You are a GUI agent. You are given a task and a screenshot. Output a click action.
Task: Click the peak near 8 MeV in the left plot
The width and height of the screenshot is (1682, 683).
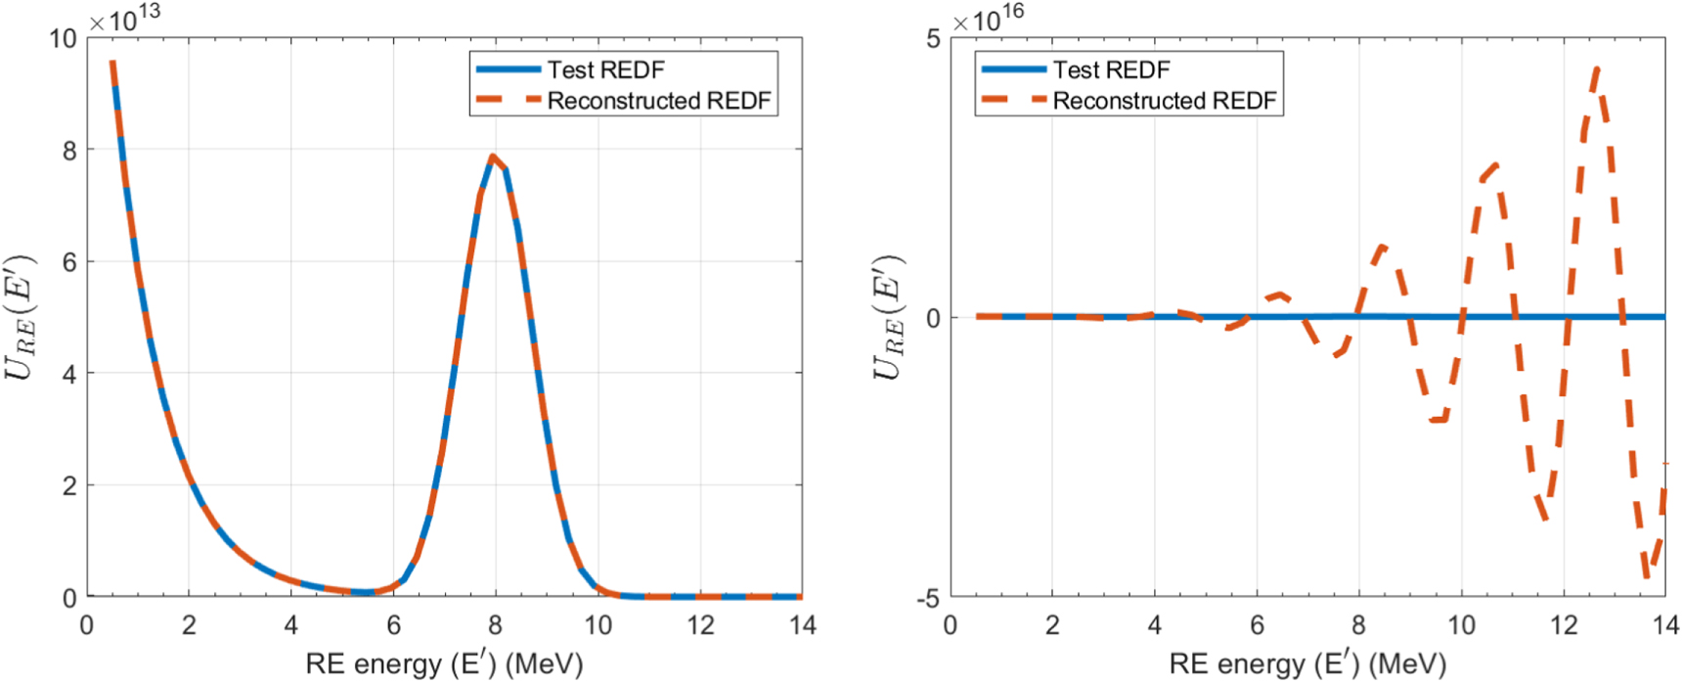(x=493, y=157)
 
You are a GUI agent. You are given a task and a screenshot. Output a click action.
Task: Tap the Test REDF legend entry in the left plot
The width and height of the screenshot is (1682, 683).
(x=605, y=69)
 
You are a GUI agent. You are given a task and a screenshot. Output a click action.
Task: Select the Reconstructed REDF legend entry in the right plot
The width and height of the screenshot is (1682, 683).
(x=1164, y=101)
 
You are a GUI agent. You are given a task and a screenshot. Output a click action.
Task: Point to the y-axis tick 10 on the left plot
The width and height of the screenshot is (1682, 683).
(x=63, y=38)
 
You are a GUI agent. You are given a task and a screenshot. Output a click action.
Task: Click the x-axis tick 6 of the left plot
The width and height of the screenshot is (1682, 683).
(x=394, y=625)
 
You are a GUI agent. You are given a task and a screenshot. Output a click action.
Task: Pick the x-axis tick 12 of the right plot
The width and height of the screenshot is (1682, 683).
(x=1564, y=625)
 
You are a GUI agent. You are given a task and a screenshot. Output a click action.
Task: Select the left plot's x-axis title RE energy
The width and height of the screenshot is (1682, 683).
(x=444, y=664)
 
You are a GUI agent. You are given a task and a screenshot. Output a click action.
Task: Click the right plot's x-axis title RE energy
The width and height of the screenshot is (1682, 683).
(x=1307, y=664)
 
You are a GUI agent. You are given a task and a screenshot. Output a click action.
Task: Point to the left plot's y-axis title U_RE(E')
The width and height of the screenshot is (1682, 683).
(x=22, y=318)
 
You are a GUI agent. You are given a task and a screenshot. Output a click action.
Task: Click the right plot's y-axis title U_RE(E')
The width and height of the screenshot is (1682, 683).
(x=888, y=318)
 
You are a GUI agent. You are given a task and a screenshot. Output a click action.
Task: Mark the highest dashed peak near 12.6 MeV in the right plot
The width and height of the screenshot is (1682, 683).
(x=1596, y=68)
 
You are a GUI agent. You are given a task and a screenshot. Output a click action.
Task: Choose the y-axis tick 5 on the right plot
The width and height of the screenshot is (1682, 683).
(x=933, y=38)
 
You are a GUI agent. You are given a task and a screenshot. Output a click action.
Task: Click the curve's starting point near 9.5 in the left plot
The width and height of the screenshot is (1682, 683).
(x=112, y=64)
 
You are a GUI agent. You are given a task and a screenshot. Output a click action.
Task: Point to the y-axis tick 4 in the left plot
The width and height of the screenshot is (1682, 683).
(x=68, y=374)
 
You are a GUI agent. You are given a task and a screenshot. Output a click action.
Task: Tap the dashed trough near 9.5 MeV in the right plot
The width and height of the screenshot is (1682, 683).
(x=1438, y=420)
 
